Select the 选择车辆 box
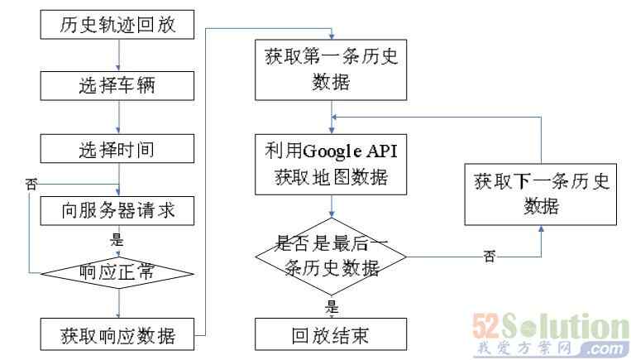pos(118,85)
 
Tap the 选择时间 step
pos(118,150)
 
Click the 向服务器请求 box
pos(118,211)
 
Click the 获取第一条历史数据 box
pos(331,70)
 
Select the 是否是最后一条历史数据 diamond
pos(331,255)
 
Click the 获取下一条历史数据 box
pos(542,194)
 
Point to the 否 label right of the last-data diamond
pos(489,257)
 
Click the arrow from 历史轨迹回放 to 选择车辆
pos(119,55)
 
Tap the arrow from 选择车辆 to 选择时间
pos(119,118)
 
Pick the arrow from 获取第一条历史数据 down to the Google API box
pos(332,114)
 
